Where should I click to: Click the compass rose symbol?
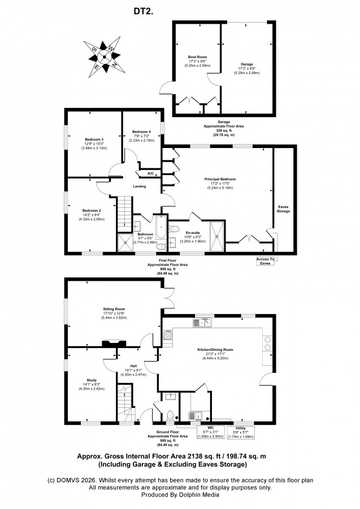105,57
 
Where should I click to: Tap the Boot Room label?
197,57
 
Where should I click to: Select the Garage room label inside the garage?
247,64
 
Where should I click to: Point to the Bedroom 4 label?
141,132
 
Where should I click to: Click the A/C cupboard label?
151,173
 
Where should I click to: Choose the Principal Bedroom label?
220,179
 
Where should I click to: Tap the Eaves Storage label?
283,208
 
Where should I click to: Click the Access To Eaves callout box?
265,261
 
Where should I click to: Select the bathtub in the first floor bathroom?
161,227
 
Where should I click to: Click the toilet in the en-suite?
174,229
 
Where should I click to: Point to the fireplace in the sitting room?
114,343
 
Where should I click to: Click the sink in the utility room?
196,416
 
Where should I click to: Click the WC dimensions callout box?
211,432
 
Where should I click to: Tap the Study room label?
92,380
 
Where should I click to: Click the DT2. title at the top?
143,11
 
